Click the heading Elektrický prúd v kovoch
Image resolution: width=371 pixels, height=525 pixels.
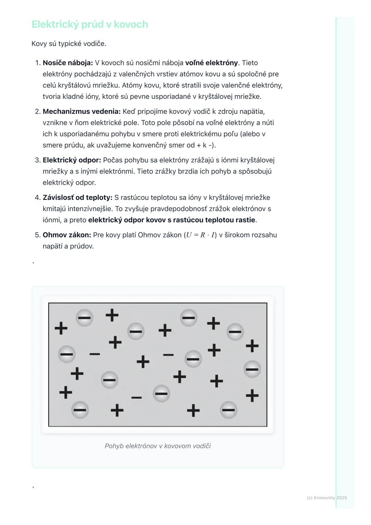[90, 24]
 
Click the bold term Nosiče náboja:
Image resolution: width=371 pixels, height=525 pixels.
[68, 63]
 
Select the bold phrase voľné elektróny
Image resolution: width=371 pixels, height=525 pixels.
[211, 63]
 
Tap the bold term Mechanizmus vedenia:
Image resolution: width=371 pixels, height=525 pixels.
[81, 112]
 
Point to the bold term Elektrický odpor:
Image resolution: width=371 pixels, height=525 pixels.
[71, 160]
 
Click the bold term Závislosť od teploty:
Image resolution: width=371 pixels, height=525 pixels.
[77, 198]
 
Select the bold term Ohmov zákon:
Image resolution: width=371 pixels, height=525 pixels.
[67, 235]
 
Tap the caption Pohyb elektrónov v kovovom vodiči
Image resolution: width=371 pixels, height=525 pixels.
[158, 446]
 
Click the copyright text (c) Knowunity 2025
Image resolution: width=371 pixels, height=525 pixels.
[327, 498]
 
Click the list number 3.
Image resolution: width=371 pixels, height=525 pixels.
[38, 160]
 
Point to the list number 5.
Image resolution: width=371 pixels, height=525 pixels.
[38, 235]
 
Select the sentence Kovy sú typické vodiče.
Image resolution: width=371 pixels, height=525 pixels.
[69, 44]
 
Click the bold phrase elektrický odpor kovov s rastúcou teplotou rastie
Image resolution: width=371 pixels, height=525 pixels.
[171, 220]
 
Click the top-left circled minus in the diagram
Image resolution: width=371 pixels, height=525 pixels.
[84, 317]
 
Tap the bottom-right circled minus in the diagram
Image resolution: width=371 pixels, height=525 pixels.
[228, 410]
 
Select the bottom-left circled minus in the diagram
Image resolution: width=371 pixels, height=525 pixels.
[80, 410]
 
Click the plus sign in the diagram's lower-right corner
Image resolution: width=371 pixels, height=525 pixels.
[252, 395]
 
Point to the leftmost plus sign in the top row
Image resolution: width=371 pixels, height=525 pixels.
[61, 328]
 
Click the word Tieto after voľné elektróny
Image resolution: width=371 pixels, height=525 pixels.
[250, 63]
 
